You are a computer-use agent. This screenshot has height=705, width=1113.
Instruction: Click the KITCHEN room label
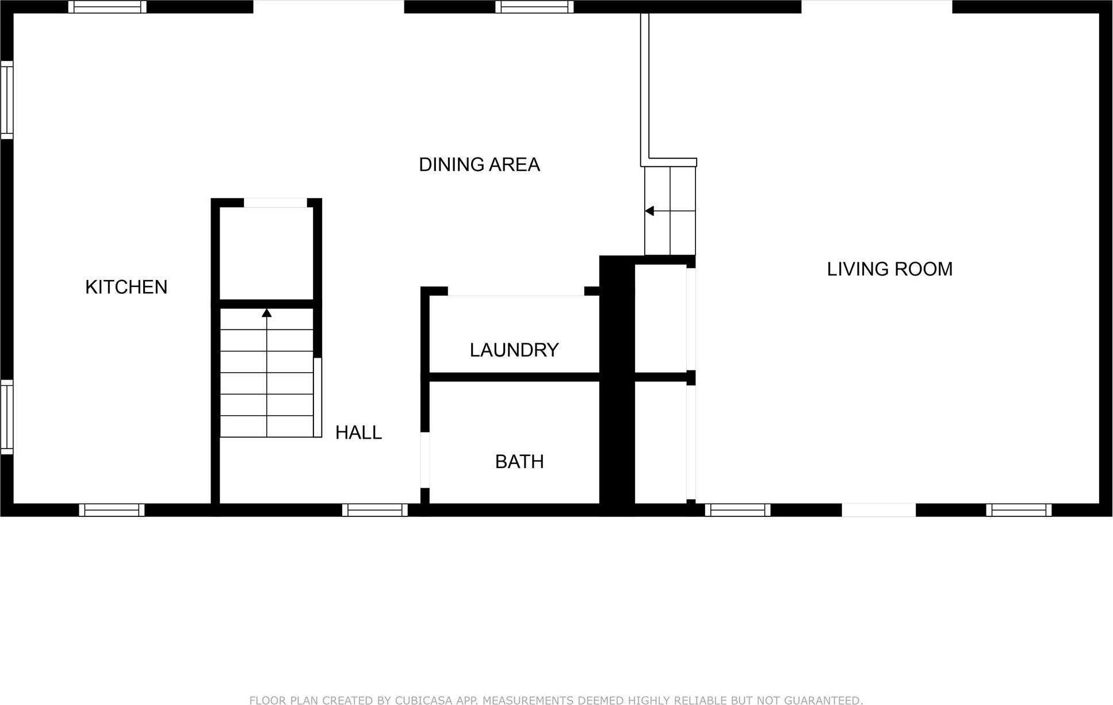click(126, 287)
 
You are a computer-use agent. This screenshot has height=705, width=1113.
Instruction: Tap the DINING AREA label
click(479, 165)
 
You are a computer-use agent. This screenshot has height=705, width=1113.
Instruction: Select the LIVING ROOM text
click(889, 269)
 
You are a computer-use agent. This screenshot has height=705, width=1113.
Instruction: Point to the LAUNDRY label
click(514, 350)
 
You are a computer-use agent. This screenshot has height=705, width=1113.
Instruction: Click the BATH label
click(519, 462)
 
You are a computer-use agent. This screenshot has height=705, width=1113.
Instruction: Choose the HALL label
click(358, 432)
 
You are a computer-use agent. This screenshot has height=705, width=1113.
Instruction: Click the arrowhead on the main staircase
click(266, 313)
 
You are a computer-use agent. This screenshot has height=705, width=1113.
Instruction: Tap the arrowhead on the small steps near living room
click(649, 211)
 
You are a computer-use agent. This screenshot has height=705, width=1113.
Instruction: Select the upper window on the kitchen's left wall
click(6, 100)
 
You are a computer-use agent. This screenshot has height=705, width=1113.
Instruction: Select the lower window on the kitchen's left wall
click(6, 417)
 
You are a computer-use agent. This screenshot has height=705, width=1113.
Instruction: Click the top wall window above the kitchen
click(107, 7)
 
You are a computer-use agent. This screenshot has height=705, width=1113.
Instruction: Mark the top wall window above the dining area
click(534, 7)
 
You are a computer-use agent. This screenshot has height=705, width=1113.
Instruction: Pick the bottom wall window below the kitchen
click(112, 510)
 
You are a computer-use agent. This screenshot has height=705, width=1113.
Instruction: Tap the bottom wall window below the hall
click(374, 510)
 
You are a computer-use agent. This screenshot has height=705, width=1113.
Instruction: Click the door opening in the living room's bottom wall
click(878, 510)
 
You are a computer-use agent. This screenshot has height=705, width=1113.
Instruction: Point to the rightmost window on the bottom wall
click(1019, 510)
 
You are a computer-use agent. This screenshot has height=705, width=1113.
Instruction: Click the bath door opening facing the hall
click(425, 460)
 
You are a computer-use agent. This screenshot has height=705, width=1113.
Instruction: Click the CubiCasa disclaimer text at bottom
click(556, 700)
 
